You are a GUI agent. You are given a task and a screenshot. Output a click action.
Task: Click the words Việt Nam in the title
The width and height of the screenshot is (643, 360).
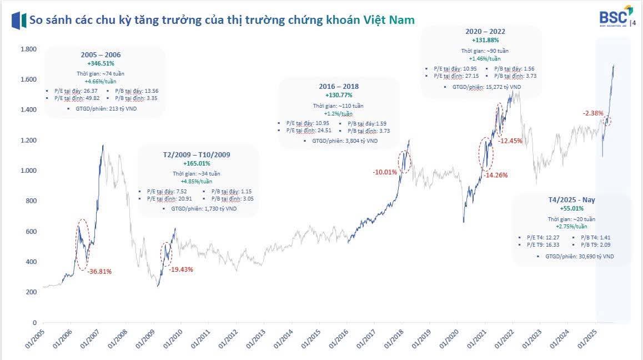click(x=389, y=20)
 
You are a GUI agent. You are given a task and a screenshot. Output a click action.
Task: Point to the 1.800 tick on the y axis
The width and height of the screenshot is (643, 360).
click(x=28, y=49)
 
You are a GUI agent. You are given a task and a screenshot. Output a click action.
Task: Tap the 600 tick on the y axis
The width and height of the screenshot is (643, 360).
click(x=31, y=232)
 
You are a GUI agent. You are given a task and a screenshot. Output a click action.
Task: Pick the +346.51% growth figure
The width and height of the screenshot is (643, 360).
click(x=101, y=64)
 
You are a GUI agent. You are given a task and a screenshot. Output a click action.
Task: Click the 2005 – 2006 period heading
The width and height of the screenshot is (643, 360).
click(x=101, y=55)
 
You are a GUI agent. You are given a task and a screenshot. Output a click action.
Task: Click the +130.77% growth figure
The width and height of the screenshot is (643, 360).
click(x=339, y=95)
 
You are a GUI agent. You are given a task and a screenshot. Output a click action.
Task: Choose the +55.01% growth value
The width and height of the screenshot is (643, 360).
click(x=571, y=208)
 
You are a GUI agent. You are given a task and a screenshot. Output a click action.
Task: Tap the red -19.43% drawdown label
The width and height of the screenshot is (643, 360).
click(x=181, y=269)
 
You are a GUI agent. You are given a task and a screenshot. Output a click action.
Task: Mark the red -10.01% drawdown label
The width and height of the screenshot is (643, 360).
click(x=385, y=172)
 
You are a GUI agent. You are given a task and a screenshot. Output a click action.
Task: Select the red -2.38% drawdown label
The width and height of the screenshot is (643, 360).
click(x=592, y=113)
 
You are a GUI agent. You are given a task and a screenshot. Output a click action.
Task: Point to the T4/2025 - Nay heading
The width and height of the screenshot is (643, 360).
click(x=571, y=199)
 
